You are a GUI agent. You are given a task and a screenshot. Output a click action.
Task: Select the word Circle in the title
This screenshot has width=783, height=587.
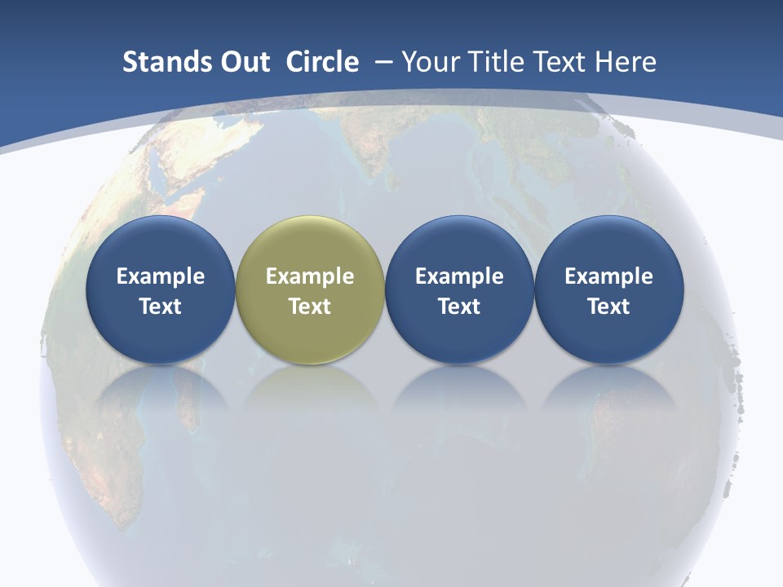click(322, 62)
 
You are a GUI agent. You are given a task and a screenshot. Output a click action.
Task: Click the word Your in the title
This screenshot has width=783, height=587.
click(429, 62)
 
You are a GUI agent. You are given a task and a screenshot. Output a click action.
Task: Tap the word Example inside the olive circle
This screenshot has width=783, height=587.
click(310, 276)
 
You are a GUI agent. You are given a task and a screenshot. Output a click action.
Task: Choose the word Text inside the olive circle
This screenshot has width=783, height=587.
click(310, 307)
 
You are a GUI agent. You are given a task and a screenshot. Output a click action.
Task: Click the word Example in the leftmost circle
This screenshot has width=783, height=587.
click(160, 276)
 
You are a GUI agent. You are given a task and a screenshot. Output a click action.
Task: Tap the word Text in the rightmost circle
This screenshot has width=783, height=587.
click(609, 307)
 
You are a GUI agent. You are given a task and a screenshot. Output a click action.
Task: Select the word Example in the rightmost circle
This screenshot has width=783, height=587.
click(609, 276)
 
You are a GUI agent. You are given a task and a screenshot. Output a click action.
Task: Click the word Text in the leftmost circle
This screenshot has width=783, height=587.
click(160, 307)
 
